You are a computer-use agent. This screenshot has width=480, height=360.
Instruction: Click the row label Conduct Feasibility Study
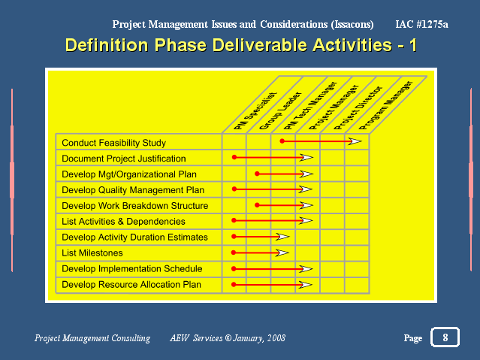pos(114,143)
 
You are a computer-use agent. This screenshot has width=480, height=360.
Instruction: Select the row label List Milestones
pos(92,253)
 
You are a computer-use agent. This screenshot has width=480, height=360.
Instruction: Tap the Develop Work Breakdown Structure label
pos(135,206)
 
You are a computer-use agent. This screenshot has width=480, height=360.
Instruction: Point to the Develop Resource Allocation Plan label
pos(131,284)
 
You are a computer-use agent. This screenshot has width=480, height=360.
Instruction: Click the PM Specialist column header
pos(255,111)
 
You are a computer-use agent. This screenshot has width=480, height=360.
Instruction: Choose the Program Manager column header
pos(385,105)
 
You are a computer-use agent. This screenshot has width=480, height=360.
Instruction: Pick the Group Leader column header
pos(280,110)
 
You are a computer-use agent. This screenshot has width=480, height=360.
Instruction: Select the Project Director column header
pos(358,107)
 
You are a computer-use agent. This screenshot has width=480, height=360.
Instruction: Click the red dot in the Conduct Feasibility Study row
pos(282,141)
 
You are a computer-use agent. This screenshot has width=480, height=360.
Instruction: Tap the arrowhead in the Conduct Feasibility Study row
pos(355,141)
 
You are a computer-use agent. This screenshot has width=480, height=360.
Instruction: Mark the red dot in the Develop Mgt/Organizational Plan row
pos(257,174)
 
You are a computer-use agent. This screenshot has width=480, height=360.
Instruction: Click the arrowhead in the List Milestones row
pos(282,253)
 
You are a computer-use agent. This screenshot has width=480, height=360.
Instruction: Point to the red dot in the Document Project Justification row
pos(234,157)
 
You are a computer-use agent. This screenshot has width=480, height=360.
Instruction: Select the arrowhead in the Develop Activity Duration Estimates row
pos(282,237)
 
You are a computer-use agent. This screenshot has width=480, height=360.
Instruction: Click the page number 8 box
pos(445,337)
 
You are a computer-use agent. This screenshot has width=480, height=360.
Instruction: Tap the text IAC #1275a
pos(422,24)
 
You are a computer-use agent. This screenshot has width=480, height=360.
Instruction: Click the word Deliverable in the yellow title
pos(260,45)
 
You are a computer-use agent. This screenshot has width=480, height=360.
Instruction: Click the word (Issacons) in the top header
pos(352,25)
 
